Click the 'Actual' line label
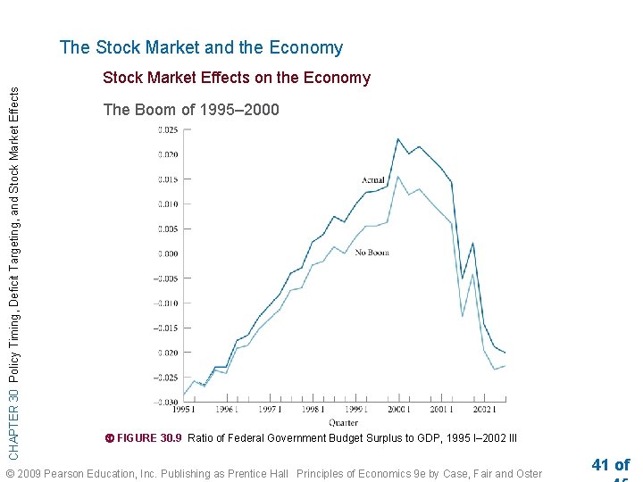[x=373, y=180]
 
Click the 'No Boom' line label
[x=372, y=253]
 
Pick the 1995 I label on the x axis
[x=182, y=411]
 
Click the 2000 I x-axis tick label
[x=397, y=411]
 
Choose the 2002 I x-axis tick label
[x=484, y=411]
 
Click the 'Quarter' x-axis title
[x=343, y=422]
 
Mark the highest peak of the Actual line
[x=397, y=139]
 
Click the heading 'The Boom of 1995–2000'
[x=191, y=110]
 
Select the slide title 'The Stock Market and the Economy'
[x=201, y=48]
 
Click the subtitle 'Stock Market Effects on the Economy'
[x=237, y=78]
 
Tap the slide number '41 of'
[x=610, y=465]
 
